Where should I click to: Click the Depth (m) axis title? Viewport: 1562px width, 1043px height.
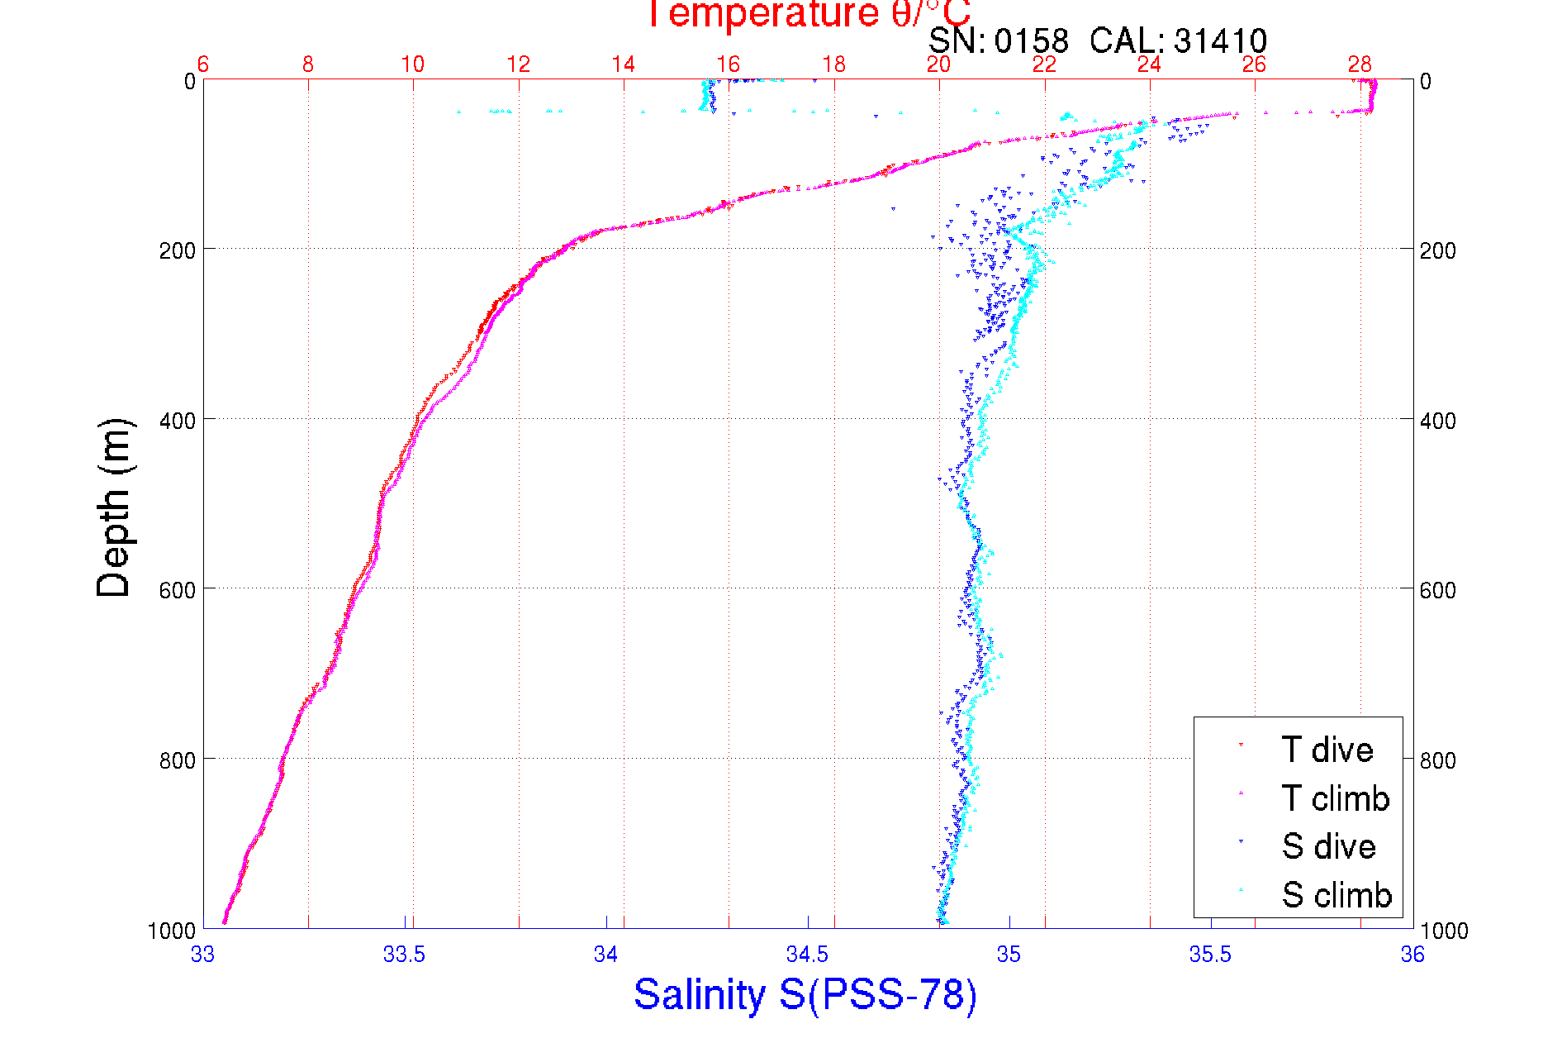point(113,507)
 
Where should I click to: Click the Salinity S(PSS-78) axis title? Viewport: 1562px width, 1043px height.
point(805,994)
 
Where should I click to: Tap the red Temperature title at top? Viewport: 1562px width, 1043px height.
point(808,14)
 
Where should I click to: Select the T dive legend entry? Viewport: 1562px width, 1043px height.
point(1327,750)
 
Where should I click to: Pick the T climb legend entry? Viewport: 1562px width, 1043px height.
point(1335,798)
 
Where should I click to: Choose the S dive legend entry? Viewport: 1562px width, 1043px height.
point(1328,846)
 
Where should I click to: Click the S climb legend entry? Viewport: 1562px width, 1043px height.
point(1336,895)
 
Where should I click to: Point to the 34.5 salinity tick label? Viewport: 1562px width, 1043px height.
point(807,955)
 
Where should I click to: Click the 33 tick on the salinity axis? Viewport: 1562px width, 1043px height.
point(202,955)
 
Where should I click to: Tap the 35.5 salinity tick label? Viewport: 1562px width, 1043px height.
point(1210,955)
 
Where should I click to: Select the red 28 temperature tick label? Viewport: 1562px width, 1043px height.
point(1360,64)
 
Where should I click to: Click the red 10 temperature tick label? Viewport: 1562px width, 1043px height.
point(413,64)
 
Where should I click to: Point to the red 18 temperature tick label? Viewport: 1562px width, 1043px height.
point(833,64)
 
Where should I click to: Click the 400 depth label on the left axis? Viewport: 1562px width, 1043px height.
point(177,421)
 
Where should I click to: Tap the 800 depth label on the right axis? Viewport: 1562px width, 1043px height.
point(1437,760)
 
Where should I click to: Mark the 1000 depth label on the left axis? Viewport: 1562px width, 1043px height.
point(172,931)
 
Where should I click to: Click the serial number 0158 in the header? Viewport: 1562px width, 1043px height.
point(1031,40)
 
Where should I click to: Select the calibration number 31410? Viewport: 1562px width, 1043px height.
point(1220,40)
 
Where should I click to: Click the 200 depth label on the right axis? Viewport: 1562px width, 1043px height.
point(1437,250)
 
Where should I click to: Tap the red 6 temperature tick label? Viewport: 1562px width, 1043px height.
point(203,64)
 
